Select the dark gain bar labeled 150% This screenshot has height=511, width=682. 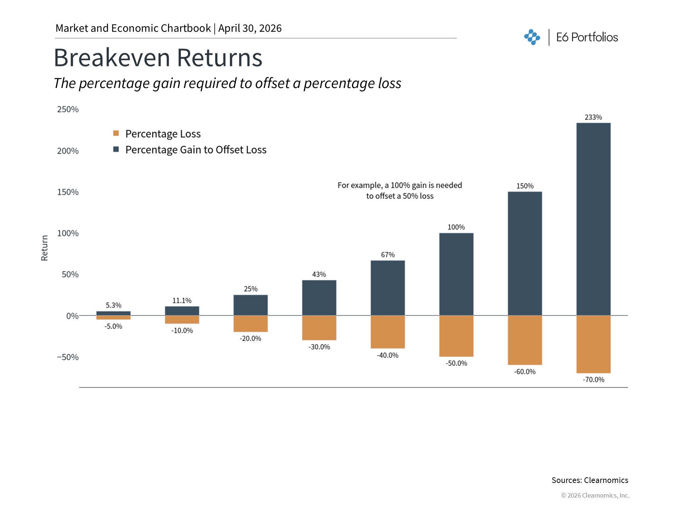point(525,253)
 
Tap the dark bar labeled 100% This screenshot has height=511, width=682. point(456,274)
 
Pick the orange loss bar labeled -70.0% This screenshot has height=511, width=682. point(593,344)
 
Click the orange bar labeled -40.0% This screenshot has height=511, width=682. point(388,332)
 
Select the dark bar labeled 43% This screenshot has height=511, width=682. point(319,298)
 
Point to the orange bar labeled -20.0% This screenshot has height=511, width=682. point(250,324)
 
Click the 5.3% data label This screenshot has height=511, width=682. point(113,305)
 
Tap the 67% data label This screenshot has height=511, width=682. point(388,255)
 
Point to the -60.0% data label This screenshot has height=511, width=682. point(525,372)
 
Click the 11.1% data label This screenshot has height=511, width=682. point(182,301)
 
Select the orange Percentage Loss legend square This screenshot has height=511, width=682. point(116,133)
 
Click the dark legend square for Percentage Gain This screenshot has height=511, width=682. point(116,149)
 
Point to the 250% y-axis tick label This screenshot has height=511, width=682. point(68,109)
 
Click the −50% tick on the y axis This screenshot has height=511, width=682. point(68,357)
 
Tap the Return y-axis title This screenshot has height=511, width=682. point(44,248)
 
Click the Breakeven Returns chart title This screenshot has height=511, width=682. point(158,57)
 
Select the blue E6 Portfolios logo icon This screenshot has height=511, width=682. point(532,37)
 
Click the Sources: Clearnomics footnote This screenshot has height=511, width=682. point(590,480)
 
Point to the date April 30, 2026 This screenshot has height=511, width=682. point(250,28)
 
